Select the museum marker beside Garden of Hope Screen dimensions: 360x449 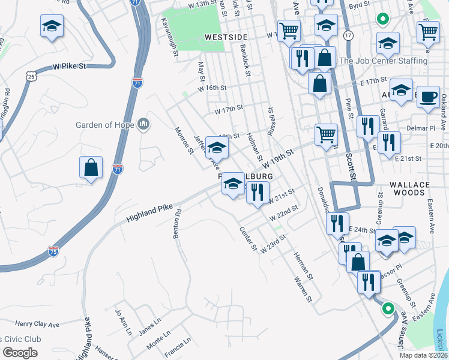point(143,124)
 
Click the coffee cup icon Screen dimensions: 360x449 point(428,97)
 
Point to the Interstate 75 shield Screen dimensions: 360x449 point(53,251)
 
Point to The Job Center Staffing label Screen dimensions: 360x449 point(383,61)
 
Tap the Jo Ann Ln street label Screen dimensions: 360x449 point(122,322)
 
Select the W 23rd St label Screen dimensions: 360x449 point(273,243)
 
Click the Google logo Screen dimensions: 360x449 point(20,353)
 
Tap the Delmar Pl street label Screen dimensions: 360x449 point(424,128)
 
